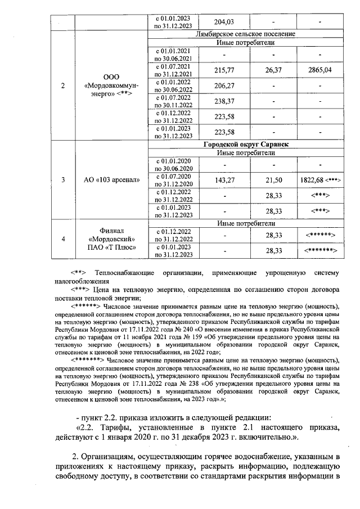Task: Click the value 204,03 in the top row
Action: [224, 22]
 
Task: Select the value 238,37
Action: [224, 101]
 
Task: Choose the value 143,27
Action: [224, 180]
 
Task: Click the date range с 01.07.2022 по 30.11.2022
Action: [174, 101]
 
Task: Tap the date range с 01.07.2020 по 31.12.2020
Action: [174, 180]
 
